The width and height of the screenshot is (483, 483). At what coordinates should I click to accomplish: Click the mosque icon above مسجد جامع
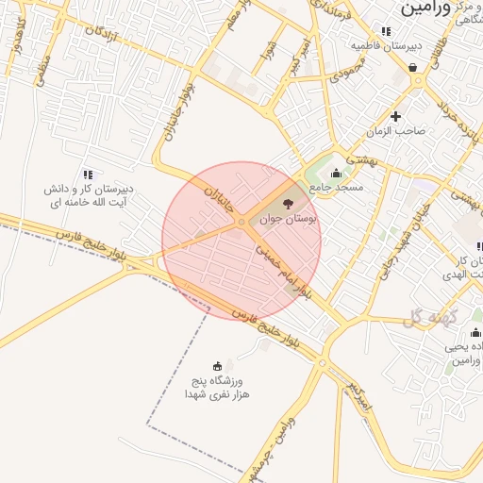click(337, 173)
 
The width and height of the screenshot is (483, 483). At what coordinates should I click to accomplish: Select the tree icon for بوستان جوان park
click(288, 203)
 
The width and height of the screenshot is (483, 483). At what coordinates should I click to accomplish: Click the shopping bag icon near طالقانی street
click(413, 67)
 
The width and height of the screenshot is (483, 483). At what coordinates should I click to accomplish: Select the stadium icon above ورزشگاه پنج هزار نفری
click(218, 366)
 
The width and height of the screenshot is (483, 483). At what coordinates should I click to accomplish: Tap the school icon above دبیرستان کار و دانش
click(88, 174)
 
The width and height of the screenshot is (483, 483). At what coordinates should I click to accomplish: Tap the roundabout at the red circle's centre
click(242, 223)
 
